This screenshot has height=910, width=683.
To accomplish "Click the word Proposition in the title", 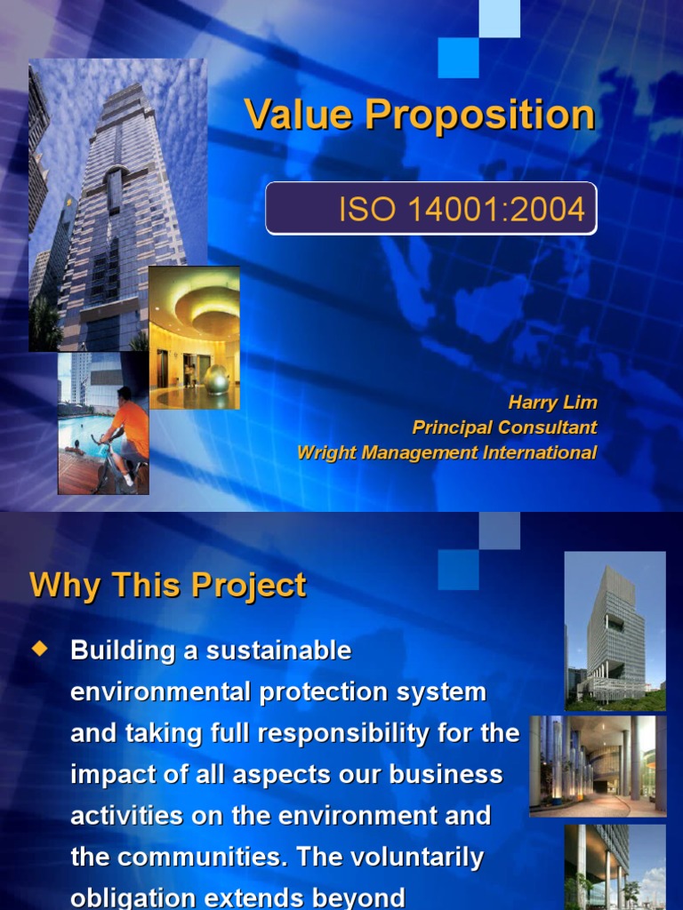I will (x=480, y=115).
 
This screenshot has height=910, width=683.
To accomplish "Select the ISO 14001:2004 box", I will (x=431, y=209).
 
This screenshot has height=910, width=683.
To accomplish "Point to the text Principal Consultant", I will (x=504, y=427).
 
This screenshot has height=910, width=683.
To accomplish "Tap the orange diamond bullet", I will (x=38, y=650).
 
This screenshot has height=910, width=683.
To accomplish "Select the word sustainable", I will (x=279, y=651).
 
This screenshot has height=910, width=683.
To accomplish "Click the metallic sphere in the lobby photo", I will (x=216, y=379).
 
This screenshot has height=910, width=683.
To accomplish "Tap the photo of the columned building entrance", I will (x=597, y=764).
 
